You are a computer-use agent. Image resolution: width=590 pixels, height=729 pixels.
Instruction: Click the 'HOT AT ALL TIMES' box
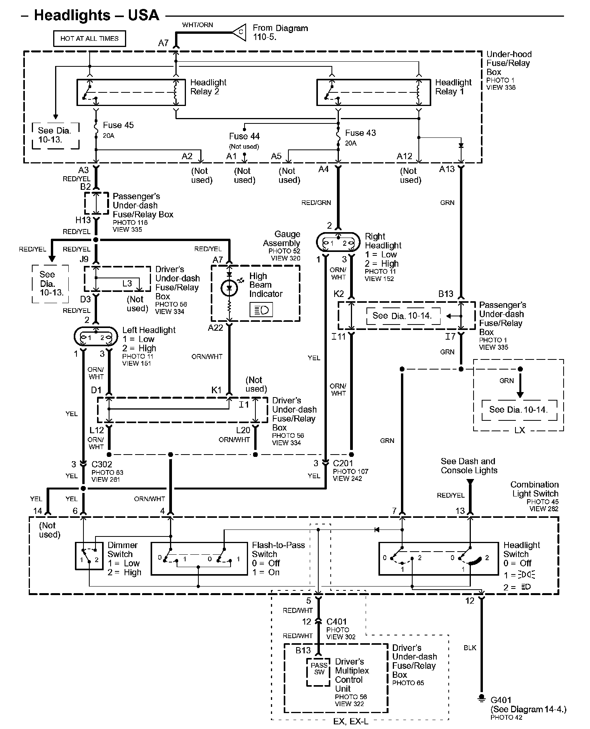click(x=89, y=38)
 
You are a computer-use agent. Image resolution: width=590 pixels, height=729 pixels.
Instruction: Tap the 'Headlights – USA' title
click(x=97, y=15)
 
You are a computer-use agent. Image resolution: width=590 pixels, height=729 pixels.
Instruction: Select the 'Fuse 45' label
click(x=118, y=125)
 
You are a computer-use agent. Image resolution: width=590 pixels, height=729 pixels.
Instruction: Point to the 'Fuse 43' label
click(x=361, y=133)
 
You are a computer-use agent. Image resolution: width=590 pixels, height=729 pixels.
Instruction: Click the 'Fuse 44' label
click(x=244, y=136)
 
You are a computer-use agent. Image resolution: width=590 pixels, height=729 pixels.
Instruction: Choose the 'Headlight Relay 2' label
click(x=208, y=87)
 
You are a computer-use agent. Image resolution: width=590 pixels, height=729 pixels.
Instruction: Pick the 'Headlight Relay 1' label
click(x=453, y=87)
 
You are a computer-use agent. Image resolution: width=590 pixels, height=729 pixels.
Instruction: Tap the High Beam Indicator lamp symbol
click(x=229, y=288)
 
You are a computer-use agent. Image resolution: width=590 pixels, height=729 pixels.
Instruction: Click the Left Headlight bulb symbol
click(x=95, y=337)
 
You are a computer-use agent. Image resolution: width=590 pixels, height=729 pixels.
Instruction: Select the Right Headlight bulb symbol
click(x=338, y=243)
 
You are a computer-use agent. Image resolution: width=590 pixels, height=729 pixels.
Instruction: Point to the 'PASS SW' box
click(x=319, y=672)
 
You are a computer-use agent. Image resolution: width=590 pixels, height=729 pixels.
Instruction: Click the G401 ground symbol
click(x=481, y=698)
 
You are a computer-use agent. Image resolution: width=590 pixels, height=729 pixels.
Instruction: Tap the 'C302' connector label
click(x=102, y=464)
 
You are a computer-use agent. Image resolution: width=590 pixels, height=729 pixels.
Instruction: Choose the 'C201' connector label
click(x=343, y=463)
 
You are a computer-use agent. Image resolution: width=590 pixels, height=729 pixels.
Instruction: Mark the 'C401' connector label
click(x=337, y=621)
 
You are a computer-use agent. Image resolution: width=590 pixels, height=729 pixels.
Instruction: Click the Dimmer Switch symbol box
click(x=89, y=555)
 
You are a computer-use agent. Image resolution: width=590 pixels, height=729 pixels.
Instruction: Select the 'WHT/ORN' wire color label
click(x=198, y=25)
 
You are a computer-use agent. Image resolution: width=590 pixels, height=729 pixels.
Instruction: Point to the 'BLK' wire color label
click(x=470, y=647)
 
